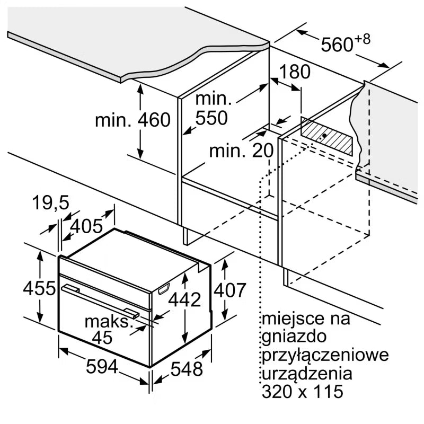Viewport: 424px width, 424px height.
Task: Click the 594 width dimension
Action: pyautogui.click(x=102, y=367)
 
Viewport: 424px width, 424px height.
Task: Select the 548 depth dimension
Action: pyautogui.click(x=187, y=369)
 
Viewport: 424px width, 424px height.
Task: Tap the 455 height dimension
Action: pyautogui.click(x=39, y=288)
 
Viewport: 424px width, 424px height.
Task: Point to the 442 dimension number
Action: pyautogui.click(x=184, y=299)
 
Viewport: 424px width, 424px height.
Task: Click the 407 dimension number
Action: pyautogui.click(x=230, y=290)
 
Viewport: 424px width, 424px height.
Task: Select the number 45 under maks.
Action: pyautogui.click(x=102, y=337)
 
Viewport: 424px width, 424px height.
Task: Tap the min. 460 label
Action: pyautogui.click(x=133, y=120)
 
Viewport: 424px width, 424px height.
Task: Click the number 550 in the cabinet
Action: pyautogui.click(x=211, y=118)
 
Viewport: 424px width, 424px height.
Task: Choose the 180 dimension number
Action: pyautogui.click(x=295, y=72)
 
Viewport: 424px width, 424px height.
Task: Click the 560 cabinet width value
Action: pyautogui.click(x=337, y=44)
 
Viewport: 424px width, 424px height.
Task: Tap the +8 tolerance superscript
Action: pyautogui.click(x=363, y=39)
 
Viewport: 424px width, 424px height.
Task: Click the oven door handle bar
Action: pyautogui.click(x=100, y=299)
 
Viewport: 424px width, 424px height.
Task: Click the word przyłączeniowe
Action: pyautogui.click(x=325, y=355)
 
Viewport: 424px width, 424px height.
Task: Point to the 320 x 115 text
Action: pyautogui.click(x=303, y=391)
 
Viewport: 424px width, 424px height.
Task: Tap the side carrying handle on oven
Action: pyautogui.click(x=164, y=289)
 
